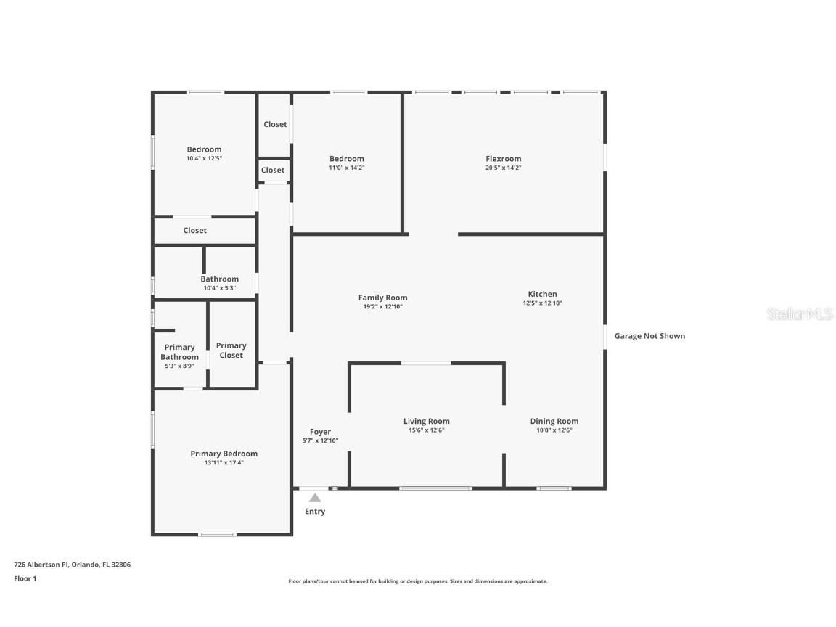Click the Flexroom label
click(x=503, y=159)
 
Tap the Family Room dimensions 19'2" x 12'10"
click(x=382, y=307)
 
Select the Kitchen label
click(x=542, y=294)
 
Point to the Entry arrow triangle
click(x=315, y=498)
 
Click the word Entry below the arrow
click(x=315, y=512)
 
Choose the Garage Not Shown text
click(x=649, y=336)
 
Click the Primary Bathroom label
click(x=179, y=352)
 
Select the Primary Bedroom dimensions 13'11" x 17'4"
click(x=224, y=462)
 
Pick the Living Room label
click(x=427, y=421)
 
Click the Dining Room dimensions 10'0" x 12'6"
click(x=554, y=430)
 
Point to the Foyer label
click(x=320, y=432)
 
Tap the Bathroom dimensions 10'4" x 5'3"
click(x=220, y=288)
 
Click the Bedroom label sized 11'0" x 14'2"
click(x=346, y=159)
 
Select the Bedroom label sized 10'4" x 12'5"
click(x=204, y=149)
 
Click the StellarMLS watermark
click(x=799, y=314)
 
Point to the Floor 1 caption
click(x=25, y=578)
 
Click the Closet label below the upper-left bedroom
click(x=194, y=231)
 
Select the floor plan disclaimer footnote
click(x=418, y=581)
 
